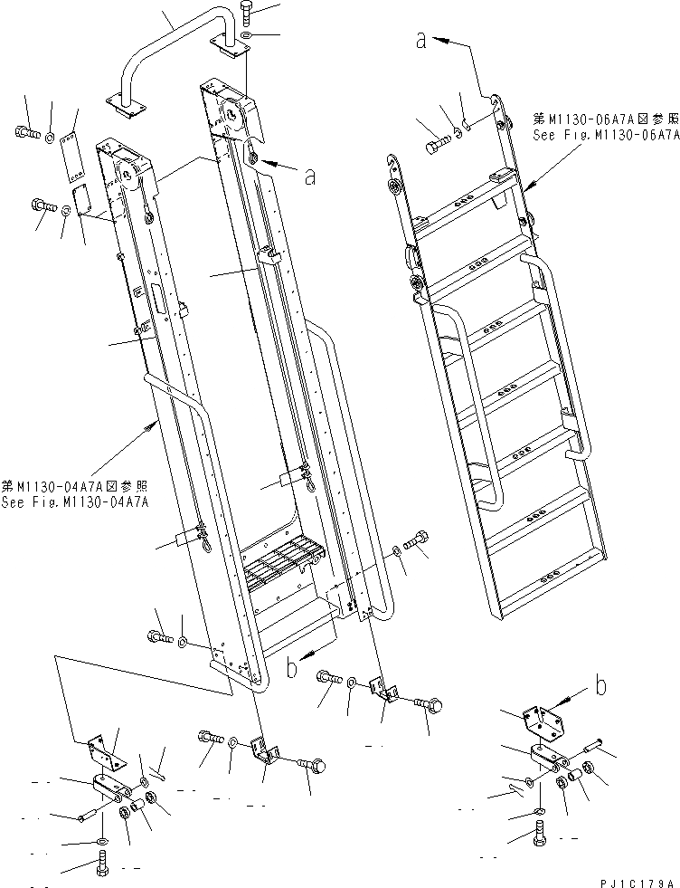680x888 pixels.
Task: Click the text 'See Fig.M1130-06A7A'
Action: tap(604, 134)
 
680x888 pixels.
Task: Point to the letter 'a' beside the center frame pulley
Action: tap(310, 177)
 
